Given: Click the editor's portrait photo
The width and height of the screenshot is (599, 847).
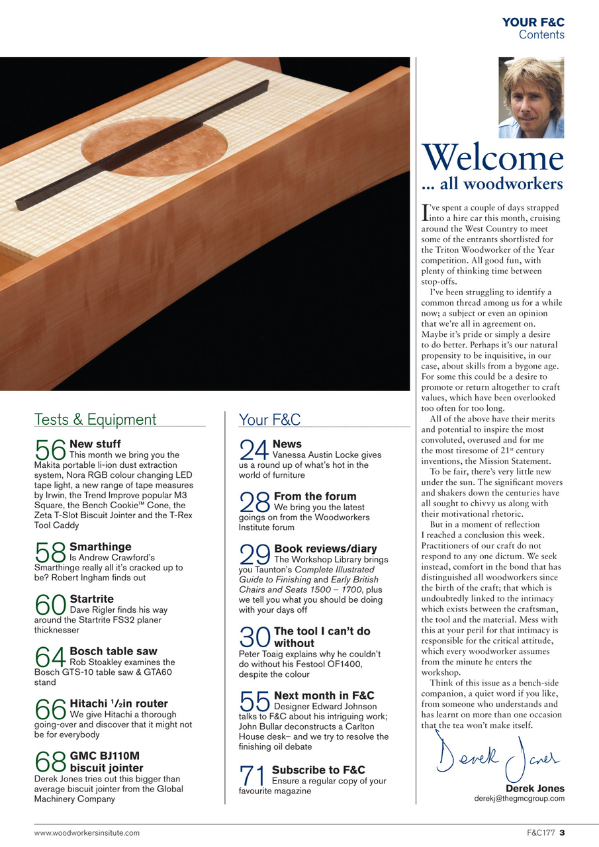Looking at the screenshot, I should tap(531, 97).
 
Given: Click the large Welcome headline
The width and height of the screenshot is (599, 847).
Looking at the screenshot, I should tap(492, 157).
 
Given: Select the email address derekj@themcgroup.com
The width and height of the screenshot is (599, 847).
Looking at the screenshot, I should tap(519, 798).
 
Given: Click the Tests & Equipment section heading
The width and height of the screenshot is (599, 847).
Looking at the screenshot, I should tap(95, 419).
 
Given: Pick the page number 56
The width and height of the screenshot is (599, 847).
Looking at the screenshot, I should tap(50, 451).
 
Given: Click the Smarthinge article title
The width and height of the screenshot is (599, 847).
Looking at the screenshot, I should tap(100, 547).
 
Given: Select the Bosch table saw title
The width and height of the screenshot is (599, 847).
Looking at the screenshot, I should tap(113, 651).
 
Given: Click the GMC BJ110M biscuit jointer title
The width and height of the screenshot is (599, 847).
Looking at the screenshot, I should tap(106, 762).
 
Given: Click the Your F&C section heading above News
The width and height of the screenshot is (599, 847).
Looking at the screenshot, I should tap(269, 419).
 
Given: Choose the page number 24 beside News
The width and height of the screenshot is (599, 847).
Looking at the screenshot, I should tap(254, 451).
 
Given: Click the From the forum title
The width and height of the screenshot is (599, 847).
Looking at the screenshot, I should tap(314, 496).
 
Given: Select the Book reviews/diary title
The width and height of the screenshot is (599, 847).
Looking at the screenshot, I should tap(325, 549).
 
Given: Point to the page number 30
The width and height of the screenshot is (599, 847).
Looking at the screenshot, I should tap(254, 638).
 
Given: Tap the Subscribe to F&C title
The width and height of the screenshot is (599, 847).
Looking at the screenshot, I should tap(318, 770).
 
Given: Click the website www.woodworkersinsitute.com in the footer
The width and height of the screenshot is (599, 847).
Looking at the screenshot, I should tap(87, 832).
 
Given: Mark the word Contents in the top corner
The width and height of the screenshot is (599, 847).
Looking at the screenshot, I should tap(541, 34).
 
